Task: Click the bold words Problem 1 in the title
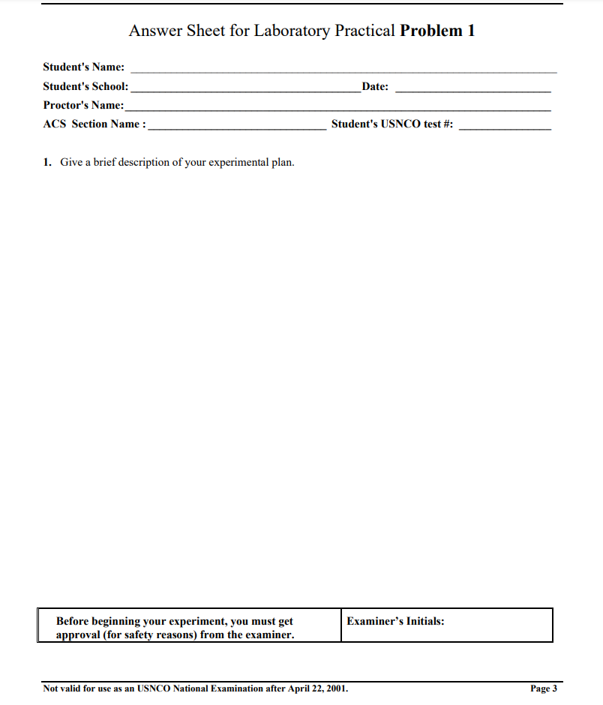pos(437,31)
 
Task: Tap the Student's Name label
pos(84,67)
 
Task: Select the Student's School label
pos(85,86)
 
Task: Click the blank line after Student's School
pos(245,90)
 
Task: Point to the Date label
pos(375,86)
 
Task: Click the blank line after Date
pos(472,90)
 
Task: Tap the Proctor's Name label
pos(83,105)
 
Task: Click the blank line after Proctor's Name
pos(337,109)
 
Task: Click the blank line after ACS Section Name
pos(237,127)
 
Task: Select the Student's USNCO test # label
pos(392,124)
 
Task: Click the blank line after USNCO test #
pos(505,127)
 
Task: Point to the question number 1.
pos(46,162)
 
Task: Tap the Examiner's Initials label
pos(396,621)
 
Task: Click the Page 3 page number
pos(544,688)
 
